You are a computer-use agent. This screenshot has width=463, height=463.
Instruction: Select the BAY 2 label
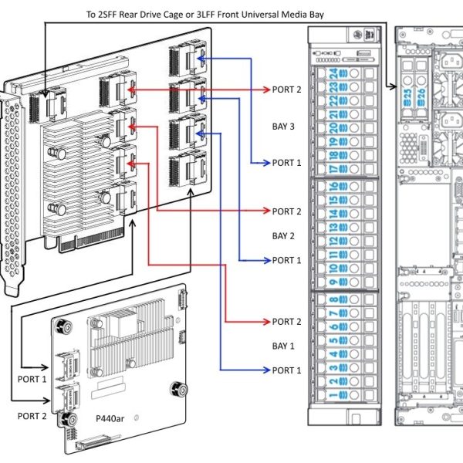pyautogui.click(x=285, y=235)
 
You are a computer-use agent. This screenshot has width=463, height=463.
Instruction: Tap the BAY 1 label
pyautogui.click(x=285, y=346)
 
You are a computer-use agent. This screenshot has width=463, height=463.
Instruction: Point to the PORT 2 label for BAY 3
pyautogui.click(x=287, y=90)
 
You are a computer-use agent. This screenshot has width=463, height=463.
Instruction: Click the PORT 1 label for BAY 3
pyautogui.click(x=287, y=163)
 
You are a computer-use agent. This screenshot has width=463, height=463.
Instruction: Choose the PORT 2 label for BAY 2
pyautogui.click(x=287, y=211)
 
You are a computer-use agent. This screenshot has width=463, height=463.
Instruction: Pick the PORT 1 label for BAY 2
pyautogui.click(x=287, y=260)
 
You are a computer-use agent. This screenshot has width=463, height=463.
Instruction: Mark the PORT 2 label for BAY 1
pyautogui.click(x=287, y=322)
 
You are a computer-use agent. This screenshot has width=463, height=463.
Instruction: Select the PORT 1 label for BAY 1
pyautogui.click(x=287, y=370)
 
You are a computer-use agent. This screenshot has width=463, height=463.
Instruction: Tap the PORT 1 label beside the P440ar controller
pyautogui.click(x=32, y=380)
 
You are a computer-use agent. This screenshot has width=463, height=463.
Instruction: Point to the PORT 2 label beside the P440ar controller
pyautogui.click(x=32, y=416)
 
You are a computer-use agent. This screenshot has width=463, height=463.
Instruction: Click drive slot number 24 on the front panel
pyautogui.click(x=334, y=75)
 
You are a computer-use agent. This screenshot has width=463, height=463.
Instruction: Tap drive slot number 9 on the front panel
pyautogui.click(x=334, y=269)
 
